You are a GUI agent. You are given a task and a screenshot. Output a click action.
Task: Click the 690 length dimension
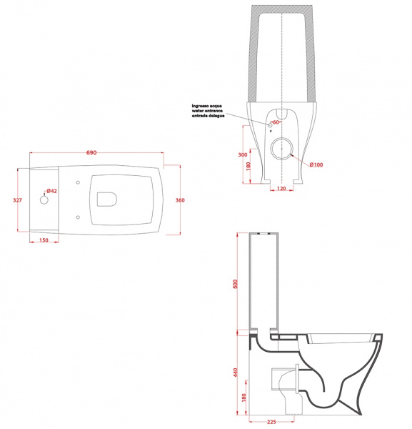pyautogui.click(x=91, y=153)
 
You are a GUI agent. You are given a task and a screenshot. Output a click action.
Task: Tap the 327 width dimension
pyautogui.click(x=17, y=200)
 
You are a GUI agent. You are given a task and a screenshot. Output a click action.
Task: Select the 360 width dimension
pyautogui.click(x=180, y=200)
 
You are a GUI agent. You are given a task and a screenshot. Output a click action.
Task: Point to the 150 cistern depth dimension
pyautogui.click(x=44, y=240)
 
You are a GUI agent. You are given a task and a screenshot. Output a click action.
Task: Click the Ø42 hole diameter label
pyautogui.click(x=51, y=191)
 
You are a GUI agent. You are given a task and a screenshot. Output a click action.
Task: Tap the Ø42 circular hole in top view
pyautogui.click(x=44, y=200)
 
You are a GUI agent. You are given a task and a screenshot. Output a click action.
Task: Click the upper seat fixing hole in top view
pyautogui.click(x=78, y=182)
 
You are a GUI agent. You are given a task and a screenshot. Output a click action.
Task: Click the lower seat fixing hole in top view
pyautogui.click(x=78, y=217)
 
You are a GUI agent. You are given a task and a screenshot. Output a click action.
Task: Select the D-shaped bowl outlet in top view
pyautogui.click(x=107, y=199)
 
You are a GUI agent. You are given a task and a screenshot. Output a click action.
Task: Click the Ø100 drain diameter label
pyautogui.click(x=316, y=164)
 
